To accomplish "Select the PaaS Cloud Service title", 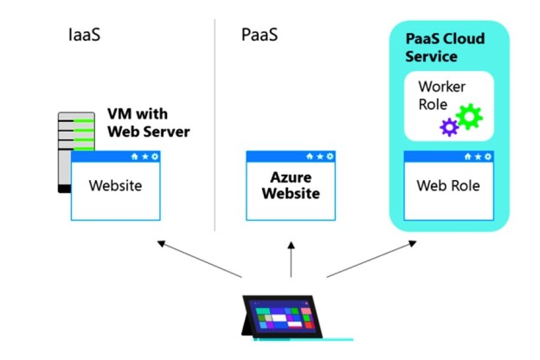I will [445, 47].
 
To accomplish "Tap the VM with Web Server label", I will [148, 123].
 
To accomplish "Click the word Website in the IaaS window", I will [116, 186].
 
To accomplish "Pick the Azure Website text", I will [292, 185].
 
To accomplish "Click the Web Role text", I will [447, 186].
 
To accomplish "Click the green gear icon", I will [469, 116].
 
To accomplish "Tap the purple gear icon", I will [448, 127].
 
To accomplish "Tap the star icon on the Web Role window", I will [478, 157].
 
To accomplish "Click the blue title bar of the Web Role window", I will [433, 157].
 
